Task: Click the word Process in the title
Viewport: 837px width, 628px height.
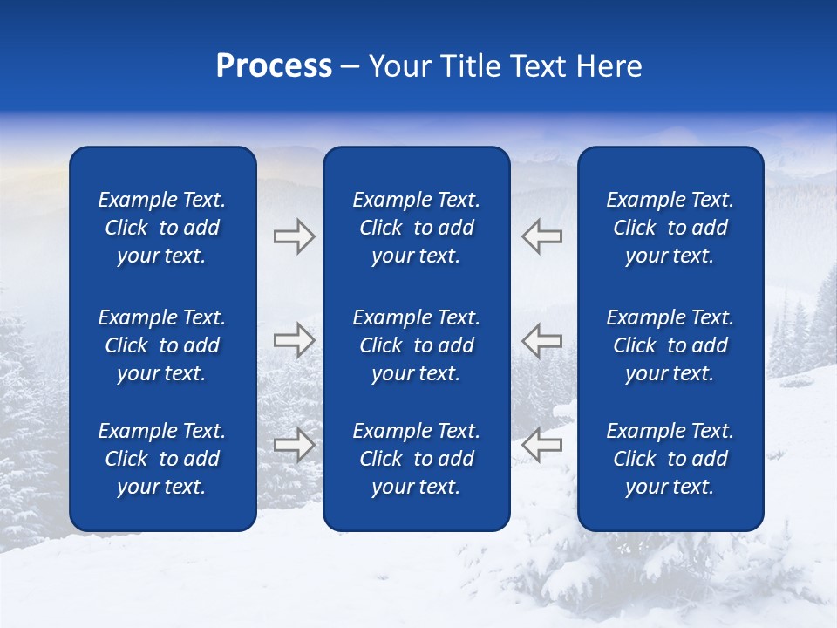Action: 274,66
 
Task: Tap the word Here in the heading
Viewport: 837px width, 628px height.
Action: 609,66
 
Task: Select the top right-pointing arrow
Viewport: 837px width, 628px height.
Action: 294,236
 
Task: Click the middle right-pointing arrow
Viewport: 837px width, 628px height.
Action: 294,339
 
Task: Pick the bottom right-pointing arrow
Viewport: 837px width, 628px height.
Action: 294,445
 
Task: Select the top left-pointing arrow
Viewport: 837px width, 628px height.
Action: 541,236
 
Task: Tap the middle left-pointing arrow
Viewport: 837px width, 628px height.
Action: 541,339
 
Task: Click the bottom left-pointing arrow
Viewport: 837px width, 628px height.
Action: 541,445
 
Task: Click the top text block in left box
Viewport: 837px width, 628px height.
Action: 162,228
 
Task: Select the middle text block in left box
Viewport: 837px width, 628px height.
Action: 162,345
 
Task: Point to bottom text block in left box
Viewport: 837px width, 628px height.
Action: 162,459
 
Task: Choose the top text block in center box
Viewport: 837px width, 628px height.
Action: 416,228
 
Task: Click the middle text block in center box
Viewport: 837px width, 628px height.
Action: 416,345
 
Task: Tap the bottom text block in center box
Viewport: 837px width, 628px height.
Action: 416,459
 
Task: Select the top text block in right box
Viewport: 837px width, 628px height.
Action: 670,228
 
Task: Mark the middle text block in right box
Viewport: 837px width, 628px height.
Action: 670,345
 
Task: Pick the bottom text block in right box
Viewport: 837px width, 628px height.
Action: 670,459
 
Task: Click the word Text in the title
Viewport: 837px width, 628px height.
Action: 541,66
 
